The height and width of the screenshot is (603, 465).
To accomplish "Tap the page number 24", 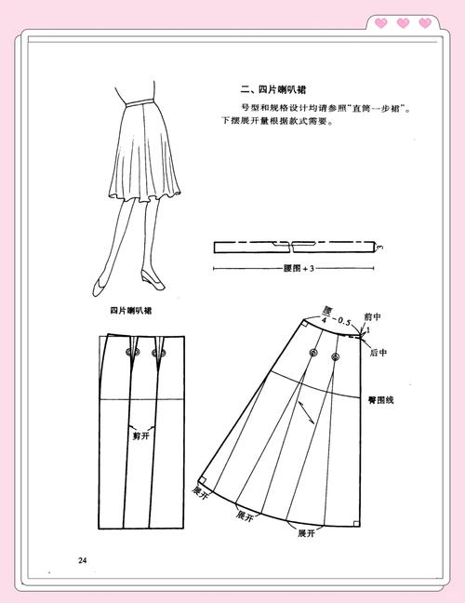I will (x=82, y=559).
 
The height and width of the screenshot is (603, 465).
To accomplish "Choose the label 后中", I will (x=378, y=353).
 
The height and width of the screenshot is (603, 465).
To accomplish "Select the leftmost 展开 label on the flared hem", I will (x=198, y=489).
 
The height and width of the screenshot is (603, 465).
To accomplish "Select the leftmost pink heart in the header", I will (x=382, y=22).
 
